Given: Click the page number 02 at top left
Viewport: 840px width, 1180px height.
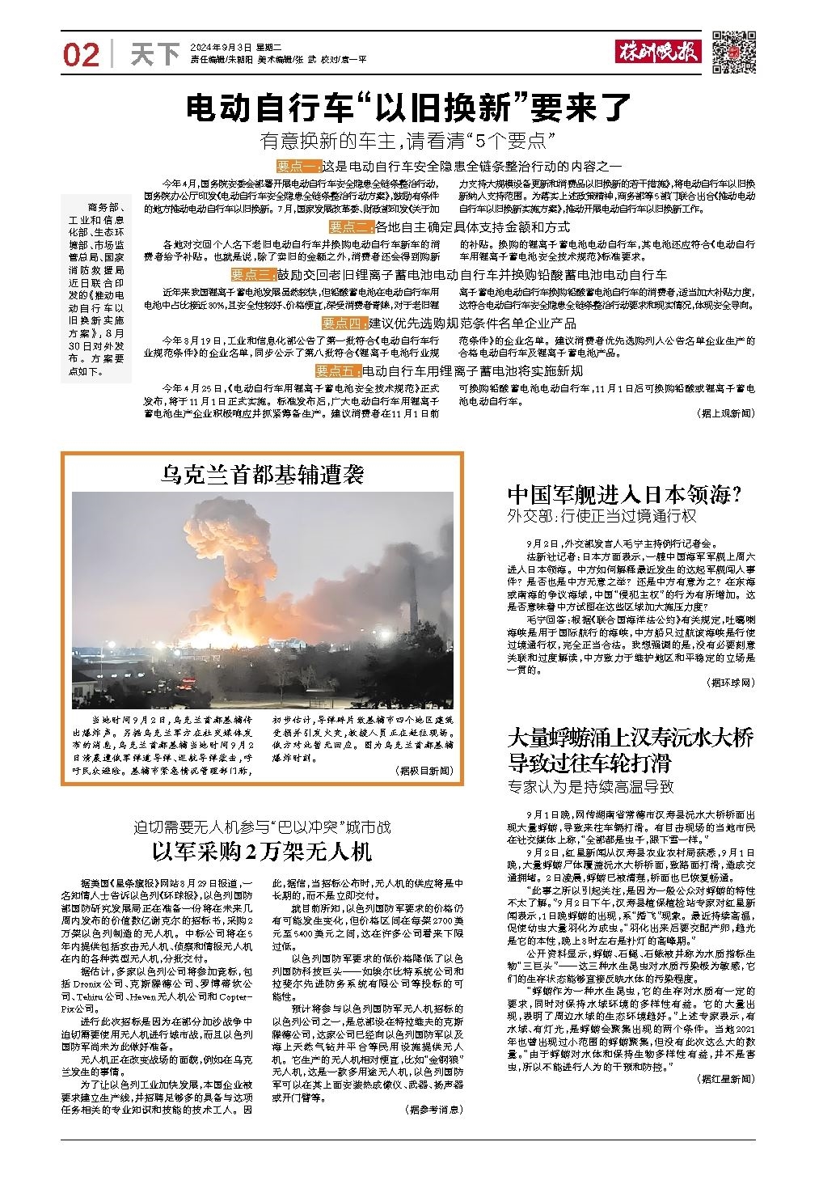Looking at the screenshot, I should coord(81,55).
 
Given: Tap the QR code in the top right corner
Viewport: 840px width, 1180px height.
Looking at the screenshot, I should coord(734,53).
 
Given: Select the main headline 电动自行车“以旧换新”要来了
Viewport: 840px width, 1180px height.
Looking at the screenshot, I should coord(408,108).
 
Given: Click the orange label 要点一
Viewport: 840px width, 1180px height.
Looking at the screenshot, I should coord(298,166).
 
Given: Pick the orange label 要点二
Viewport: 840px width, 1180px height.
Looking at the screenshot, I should coord(350,226).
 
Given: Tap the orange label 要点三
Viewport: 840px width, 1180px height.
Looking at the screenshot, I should coord(253,274).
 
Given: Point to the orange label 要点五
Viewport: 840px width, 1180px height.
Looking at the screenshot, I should coord(337,371).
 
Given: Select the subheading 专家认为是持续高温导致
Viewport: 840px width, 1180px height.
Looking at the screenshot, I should coord(590,786).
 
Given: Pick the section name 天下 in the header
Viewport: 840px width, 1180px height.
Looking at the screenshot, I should coord(154,55).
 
